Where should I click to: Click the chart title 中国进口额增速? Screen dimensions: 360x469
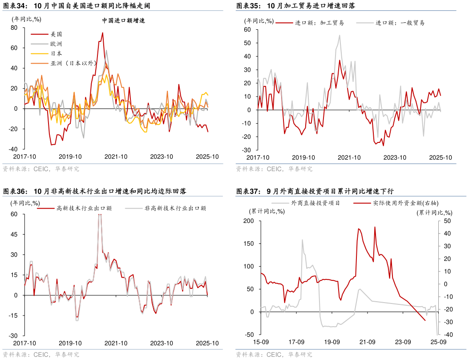(x=124, y=20)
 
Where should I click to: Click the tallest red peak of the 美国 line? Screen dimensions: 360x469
(x=102, y=32)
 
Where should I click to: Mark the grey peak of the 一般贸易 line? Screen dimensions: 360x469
(x=340, y=36)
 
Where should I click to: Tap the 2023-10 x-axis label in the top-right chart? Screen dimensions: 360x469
(x=395, y=158)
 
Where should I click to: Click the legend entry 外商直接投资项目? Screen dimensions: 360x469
(x=315, y=203)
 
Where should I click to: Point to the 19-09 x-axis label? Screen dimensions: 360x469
(x=332, y=342)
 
